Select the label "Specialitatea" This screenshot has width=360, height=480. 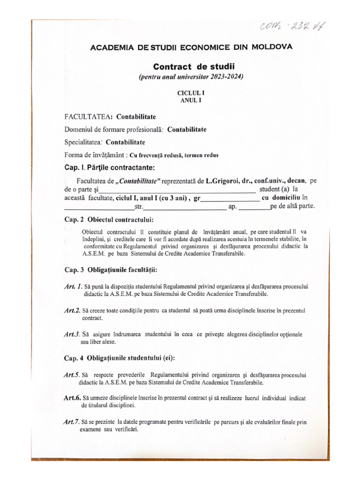coord(83,142)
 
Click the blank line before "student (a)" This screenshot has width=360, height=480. coord(178,190)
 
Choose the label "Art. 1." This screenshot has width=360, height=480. coord(73,286)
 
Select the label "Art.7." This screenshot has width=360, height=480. coord(73,422)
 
